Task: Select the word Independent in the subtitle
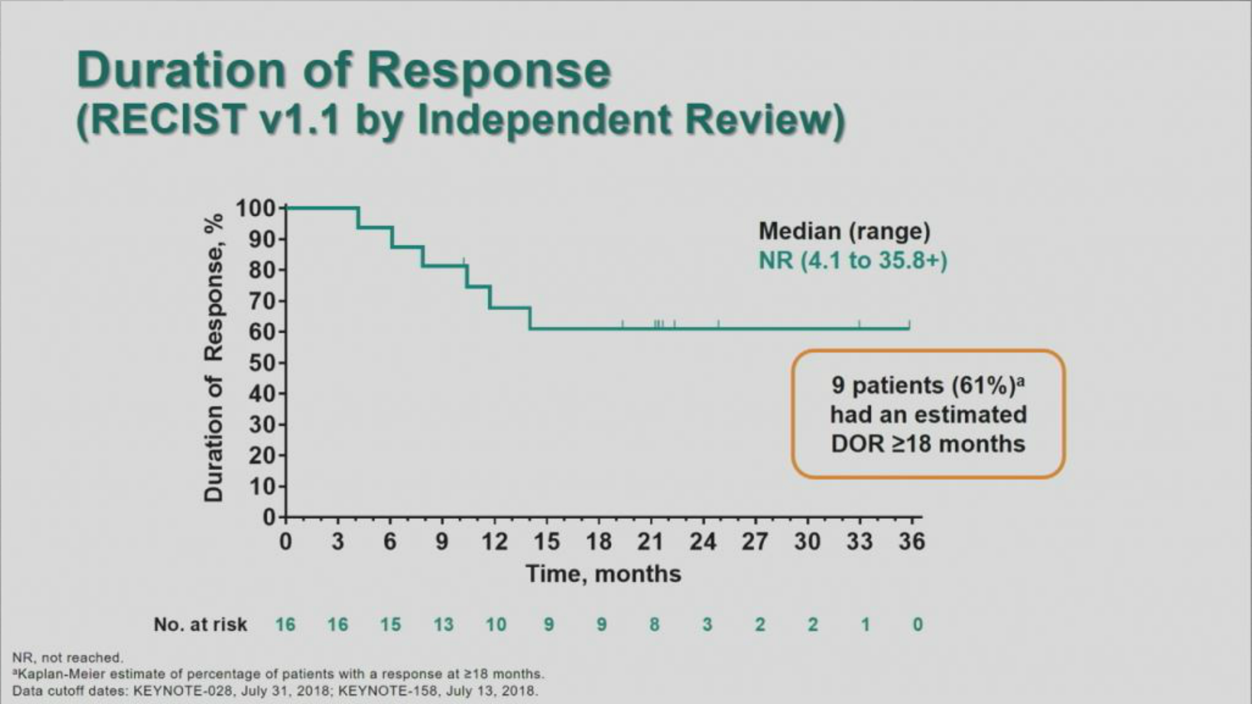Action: click(x=544, y=120)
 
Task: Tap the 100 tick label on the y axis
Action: click(x=256, y=209)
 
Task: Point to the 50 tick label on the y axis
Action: click(x=263, y=363)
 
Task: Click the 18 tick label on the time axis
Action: click(x=599, y=542)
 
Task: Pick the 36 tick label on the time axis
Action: click(x=911, y=542)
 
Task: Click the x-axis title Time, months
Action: click(x=603, y=574)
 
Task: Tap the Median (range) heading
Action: click(x=844, y=231)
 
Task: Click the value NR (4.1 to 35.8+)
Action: click(x=852, y=261)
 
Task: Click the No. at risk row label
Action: click(x=200, y=625)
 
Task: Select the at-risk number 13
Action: click(x=443, y=625)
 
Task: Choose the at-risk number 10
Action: click(x=496, y=625)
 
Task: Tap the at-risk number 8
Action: click(x=655, y=625)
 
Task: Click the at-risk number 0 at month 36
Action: click(x=918, y=625)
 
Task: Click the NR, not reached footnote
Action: click(x=68, y=658)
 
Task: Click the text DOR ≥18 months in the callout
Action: click(x=928, y=444)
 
